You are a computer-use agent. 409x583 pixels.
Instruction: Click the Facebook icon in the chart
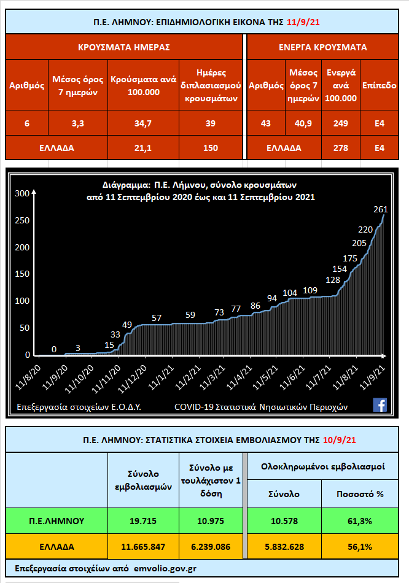(380, 404)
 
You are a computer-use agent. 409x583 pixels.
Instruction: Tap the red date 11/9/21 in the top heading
(303, 22)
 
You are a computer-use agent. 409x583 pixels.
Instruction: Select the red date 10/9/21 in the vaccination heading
(343, 439)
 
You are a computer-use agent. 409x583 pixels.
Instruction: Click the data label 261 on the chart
(380, 209)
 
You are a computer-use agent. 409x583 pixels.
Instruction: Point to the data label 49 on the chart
(127, 324)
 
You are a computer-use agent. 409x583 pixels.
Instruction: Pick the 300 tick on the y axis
(22, 193)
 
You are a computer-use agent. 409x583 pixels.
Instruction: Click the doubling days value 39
(211, 123)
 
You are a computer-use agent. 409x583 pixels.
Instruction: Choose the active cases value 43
(265, 123)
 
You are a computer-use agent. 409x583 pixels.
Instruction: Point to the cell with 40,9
(303, 123)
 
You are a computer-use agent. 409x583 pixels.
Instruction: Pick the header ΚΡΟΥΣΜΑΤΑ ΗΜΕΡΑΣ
(124, 47)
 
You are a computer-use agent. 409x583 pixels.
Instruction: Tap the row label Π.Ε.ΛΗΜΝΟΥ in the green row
(56, 521)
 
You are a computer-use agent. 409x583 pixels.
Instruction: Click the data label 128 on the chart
(333, 279)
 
